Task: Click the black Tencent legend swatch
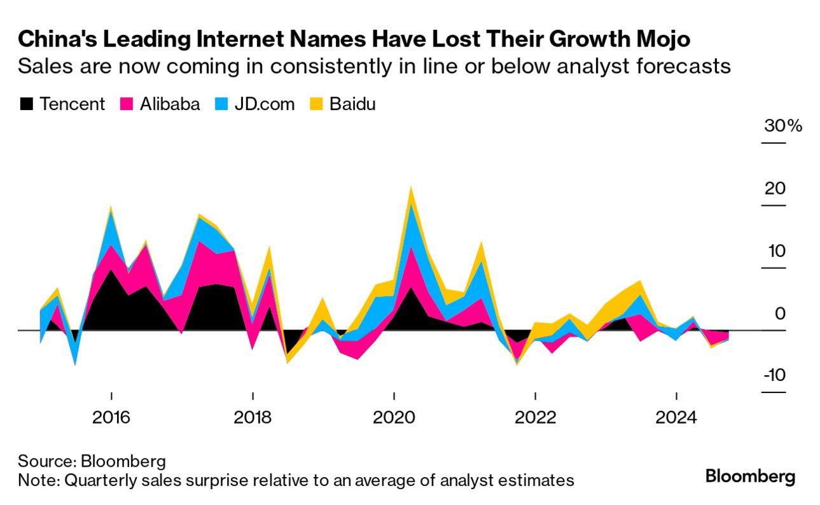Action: click(27, 104)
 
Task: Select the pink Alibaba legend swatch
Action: click(125, 104)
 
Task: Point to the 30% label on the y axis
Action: click(783, 125)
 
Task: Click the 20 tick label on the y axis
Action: click(775, 188)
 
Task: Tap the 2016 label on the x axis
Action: click(111, 418)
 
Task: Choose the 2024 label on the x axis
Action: click(676, 418)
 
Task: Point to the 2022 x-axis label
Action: click(535, 418)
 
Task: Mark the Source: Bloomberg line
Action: click(92, 461)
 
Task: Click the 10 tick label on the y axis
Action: click(775, 251)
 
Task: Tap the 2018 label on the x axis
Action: click(253, 418)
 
